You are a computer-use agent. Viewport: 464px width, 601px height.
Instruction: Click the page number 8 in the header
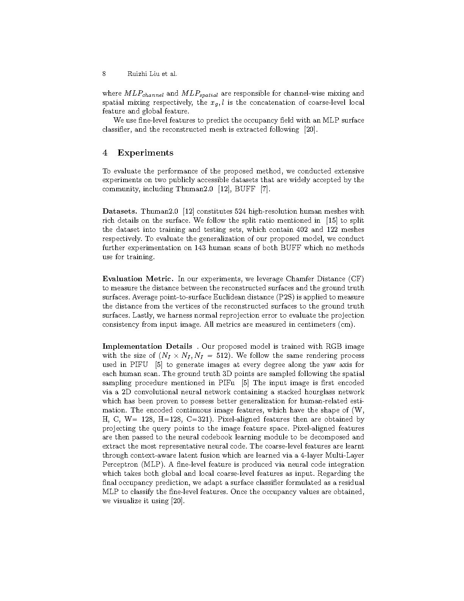[104, 74]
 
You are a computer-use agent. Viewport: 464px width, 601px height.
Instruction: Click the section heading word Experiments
[145, 153]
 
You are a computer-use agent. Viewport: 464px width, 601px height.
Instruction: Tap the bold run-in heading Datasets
[120, 211]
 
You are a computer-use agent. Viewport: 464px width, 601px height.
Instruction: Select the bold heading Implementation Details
[147, 346]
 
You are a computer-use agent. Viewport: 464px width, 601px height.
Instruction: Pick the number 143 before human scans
[200, 248]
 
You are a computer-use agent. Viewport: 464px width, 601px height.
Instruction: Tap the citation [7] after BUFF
[265, 189]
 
